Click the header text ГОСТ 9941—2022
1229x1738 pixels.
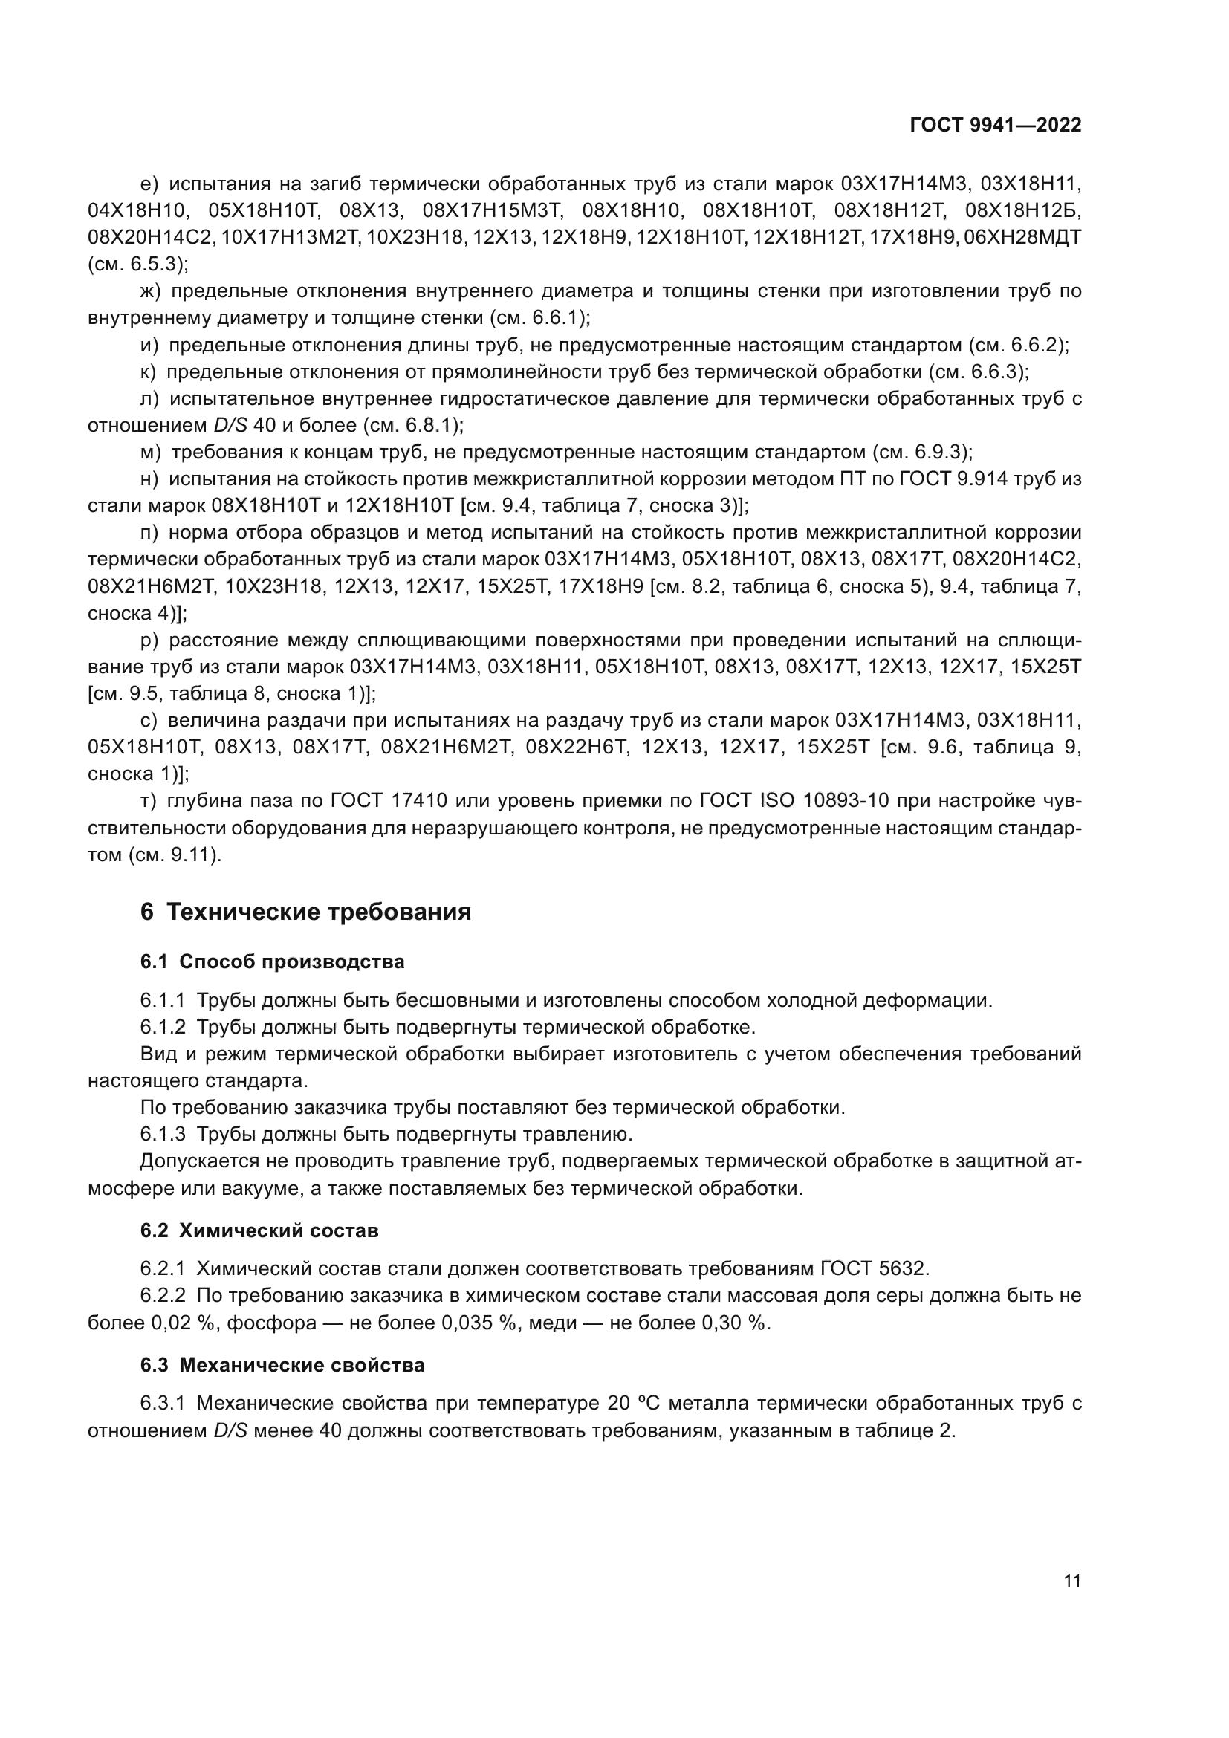[x=995, y=125]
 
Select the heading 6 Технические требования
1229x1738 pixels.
[x=305, y=912]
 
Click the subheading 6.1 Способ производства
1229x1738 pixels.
[x=273, y=962]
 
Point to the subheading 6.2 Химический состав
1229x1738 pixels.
[x=259, y=1230]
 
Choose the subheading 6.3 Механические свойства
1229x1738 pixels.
[x=282, y=1366]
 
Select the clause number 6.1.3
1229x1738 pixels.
[x=163, y=1135]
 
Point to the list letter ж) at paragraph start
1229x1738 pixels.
[x=152, y=291]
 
